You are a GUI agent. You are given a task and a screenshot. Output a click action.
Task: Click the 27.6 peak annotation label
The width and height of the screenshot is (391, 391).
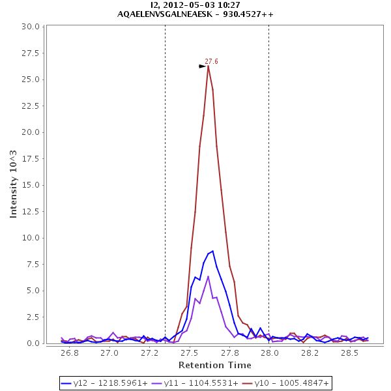click(211, 61)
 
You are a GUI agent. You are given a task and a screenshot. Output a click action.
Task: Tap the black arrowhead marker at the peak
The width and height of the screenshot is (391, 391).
click(203, 66)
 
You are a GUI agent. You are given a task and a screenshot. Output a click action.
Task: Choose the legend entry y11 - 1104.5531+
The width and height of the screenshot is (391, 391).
click(195, 383)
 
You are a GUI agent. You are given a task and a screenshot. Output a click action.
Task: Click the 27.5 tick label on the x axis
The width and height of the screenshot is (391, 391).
click(190, 353)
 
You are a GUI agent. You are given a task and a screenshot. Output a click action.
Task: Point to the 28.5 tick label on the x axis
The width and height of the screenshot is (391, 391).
click(350, 353)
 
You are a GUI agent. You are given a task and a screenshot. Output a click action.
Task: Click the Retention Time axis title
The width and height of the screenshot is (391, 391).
click(214, 365)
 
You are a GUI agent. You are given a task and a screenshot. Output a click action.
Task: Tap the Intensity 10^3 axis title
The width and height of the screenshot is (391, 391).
click(14, 184)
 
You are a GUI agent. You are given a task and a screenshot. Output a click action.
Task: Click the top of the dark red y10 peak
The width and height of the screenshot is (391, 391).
click(209, 66)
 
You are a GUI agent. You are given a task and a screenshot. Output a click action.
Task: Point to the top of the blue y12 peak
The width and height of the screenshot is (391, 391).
click(212, 251)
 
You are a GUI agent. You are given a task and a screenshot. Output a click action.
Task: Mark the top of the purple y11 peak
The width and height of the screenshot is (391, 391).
click(208, 276)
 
